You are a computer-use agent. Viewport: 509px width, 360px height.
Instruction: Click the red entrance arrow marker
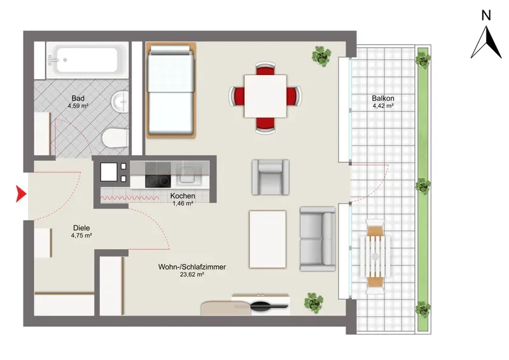tap(20, 194)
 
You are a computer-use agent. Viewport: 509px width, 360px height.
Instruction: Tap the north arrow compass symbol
tap(486, 43)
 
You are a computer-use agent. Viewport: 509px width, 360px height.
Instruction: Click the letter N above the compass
tap(486, 15)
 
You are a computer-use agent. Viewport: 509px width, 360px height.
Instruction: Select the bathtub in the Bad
tap(87, 60)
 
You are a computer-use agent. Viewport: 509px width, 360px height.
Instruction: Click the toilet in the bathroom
tap(115, 137)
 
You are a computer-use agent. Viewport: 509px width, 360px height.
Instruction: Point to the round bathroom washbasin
tap(120, 101)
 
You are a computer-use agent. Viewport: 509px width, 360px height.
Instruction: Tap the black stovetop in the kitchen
tap(158, 181)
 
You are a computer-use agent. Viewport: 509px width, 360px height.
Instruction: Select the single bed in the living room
tap(171, 90)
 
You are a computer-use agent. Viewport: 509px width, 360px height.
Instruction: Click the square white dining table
tap(265, 96)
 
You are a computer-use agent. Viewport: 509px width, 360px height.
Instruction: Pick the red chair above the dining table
tap(265, 69)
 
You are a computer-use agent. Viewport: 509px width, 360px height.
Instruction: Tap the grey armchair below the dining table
tap(270, 177)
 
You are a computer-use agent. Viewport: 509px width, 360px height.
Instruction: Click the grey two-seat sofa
tap(317, 239)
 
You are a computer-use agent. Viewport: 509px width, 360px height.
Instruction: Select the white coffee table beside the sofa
tap(268, 239)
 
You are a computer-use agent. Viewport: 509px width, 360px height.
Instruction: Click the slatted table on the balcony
tap(375, 256)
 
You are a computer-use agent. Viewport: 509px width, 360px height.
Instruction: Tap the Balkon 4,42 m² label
tap(383, 102)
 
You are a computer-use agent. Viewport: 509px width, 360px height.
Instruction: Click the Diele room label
tap(81, 228)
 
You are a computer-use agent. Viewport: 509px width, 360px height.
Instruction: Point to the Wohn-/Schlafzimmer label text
tap(192, 267)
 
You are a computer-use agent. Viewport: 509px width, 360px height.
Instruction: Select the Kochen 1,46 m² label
tap(183, 199)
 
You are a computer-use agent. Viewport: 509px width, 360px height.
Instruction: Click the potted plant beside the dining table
tap(321, 56)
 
